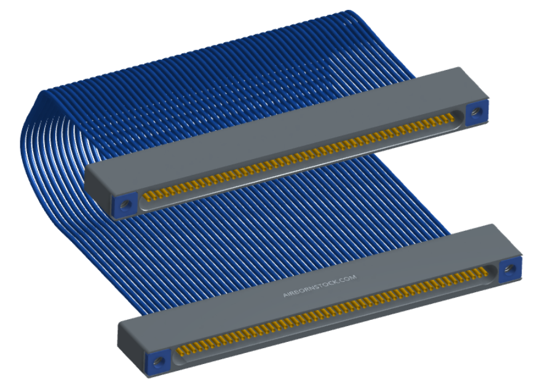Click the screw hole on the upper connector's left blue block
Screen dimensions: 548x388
tap(124, 205)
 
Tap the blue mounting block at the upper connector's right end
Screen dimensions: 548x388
tap(477, 112)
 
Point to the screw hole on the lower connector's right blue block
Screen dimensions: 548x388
tap(510, 269)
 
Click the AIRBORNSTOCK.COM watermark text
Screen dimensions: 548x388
tap(319, 285)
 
